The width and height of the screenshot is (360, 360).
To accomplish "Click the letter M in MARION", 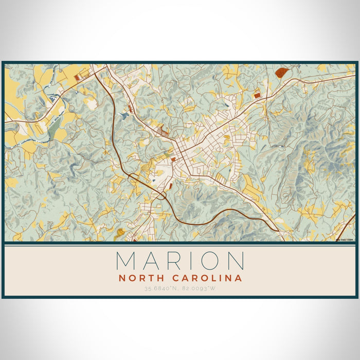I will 127,261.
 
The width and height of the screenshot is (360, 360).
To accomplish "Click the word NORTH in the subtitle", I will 140,278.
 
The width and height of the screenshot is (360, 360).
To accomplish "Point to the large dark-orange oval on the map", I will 280,73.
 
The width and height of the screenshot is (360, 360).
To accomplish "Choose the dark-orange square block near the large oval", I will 257,95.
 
